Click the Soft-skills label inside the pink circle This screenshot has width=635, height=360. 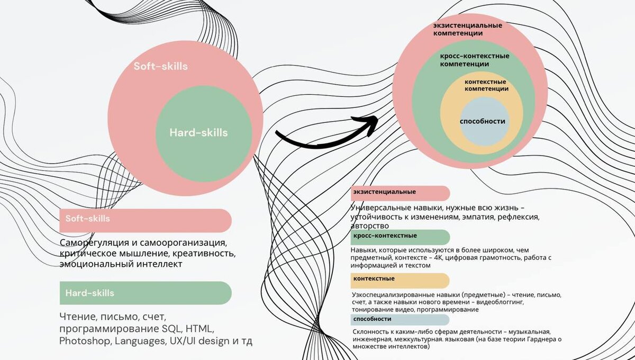point(160,67)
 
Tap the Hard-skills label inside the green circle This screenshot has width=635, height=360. point(198,132)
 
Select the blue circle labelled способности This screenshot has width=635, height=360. point(482,121)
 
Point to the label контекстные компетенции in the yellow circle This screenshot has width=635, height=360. point(486,85)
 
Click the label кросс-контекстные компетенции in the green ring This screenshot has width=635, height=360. point(474,60)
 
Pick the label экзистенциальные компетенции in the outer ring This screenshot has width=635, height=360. point(467,29)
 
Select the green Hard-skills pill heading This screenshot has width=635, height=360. point(146,293)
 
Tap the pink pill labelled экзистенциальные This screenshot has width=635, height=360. point(400,193)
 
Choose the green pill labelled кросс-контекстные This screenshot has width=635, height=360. point(400,237)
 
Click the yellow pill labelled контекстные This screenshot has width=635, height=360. point(400,280)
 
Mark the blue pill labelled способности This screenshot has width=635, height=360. point(400,320)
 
